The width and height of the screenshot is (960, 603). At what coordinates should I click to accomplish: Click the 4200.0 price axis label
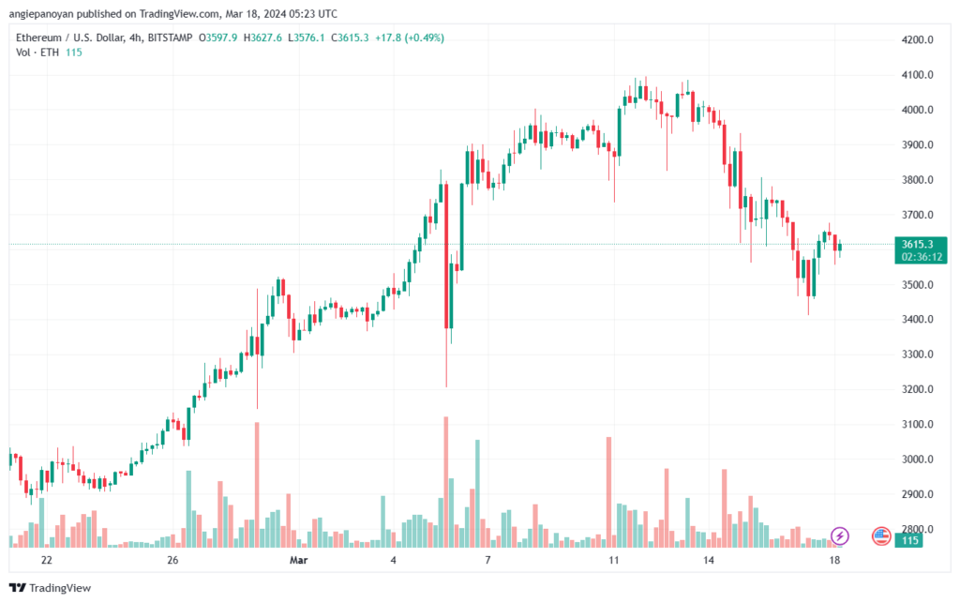(917, 40)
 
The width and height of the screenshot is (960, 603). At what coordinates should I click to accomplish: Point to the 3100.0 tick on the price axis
(917, 424)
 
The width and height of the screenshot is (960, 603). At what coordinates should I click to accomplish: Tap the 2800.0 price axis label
(917, 529)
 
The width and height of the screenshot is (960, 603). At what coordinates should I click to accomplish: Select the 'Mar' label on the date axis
(299, 560)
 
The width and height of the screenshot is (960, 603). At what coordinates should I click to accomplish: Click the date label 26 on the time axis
(172, 560)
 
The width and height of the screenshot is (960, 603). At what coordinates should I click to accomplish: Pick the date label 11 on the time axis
(614, 560)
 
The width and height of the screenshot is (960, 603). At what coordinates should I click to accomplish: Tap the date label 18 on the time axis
(834, 560)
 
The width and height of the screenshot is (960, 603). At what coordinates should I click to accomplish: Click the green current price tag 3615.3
(917, 244)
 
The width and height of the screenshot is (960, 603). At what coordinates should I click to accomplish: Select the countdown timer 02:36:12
(922, 257)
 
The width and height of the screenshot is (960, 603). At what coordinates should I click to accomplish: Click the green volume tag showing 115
(909, 540)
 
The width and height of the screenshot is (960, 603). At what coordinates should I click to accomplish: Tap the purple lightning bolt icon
(840, 536)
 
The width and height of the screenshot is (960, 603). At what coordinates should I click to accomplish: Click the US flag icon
(881, 536)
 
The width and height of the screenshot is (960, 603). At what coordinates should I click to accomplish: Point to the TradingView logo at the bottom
(51, 588)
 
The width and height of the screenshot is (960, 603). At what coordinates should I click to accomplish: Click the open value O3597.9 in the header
(217, 38)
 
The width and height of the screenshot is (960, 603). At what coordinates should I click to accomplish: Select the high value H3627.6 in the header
(262, 38)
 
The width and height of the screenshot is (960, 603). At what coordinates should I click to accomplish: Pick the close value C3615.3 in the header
(350, 38)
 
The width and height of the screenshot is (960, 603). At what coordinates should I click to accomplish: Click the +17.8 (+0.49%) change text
(410, 38)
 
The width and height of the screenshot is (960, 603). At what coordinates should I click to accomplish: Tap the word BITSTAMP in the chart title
(171, 38)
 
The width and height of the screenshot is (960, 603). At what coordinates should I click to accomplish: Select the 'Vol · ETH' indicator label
(37, 53)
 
